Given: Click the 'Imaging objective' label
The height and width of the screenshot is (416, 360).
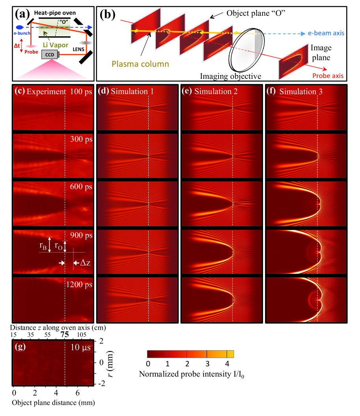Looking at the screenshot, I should [231, 75].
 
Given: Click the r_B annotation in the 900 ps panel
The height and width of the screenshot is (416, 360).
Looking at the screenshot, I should [42, 245].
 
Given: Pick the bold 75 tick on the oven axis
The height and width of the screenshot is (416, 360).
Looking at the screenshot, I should [65, 335].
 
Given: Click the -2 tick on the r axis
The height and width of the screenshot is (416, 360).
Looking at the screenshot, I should [101, 384].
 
